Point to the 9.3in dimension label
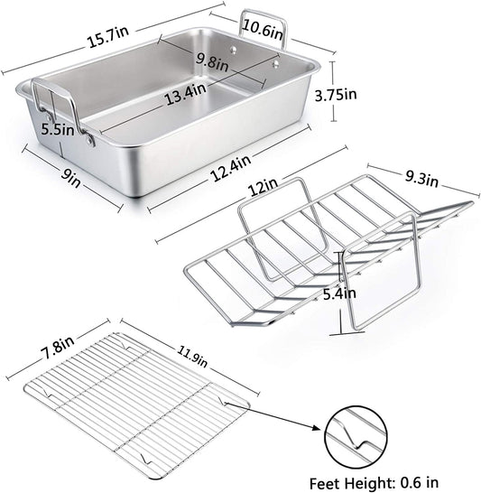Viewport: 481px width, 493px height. click(x=420, y=181)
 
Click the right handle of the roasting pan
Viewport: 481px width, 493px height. click(x=264, y=32)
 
